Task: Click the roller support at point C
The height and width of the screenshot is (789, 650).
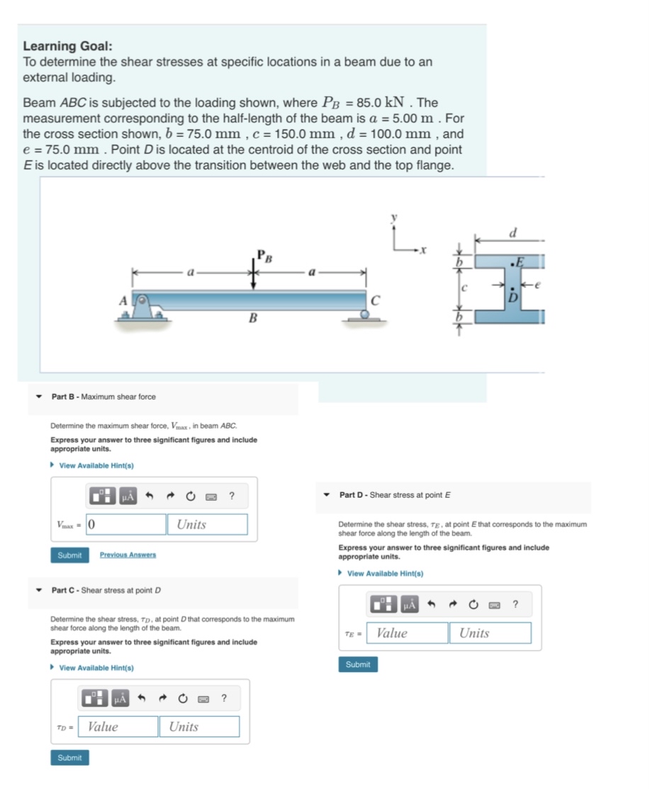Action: click(365, 314)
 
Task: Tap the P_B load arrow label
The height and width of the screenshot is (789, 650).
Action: click(263, 256)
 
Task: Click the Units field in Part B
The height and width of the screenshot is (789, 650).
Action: click(207, 524)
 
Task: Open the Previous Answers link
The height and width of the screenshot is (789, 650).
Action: click(128, 555)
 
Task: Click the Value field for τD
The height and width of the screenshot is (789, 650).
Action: click(118, 726)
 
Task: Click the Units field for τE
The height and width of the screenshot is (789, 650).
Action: click(490, 632)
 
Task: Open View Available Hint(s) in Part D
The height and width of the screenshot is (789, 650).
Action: click(385, 574)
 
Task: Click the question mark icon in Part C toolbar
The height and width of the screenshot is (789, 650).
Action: click(224, 698)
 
